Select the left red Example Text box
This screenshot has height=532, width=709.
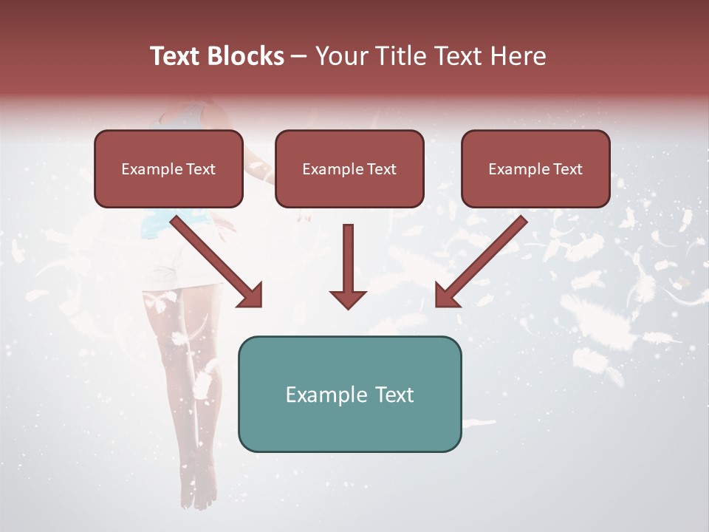pos(168,168)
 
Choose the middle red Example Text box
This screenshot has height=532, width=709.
pos(349,168)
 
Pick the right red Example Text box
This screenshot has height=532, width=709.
pos(535,168)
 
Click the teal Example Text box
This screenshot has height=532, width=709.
pos(349,394)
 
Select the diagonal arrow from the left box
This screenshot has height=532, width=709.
pos(214,259)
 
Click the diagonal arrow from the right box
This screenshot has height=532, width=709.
pos(484,259)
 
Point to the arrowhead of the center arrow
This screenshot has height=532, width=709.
pos(348,299)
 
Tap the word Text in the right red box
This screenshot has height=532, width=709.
pos(567,168)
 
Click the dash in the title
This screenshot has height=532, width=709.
pos(299,57)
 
